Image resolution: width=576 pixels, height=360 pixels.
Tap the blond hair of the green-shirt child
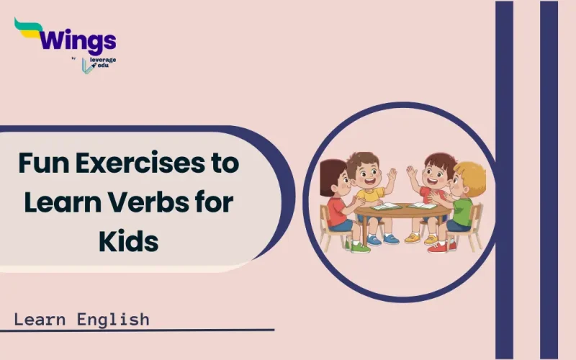point(472,175)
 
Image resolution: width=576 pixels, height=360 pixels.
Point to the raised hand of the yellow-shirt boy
point(391,175)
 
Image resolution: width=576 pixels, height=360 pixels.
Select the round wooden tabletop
point(403,212)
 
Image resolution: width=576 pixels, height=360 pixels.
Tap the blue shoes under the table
point(382,239)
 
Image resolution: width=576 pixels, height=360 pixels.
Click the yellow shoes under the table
point(421,238)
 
